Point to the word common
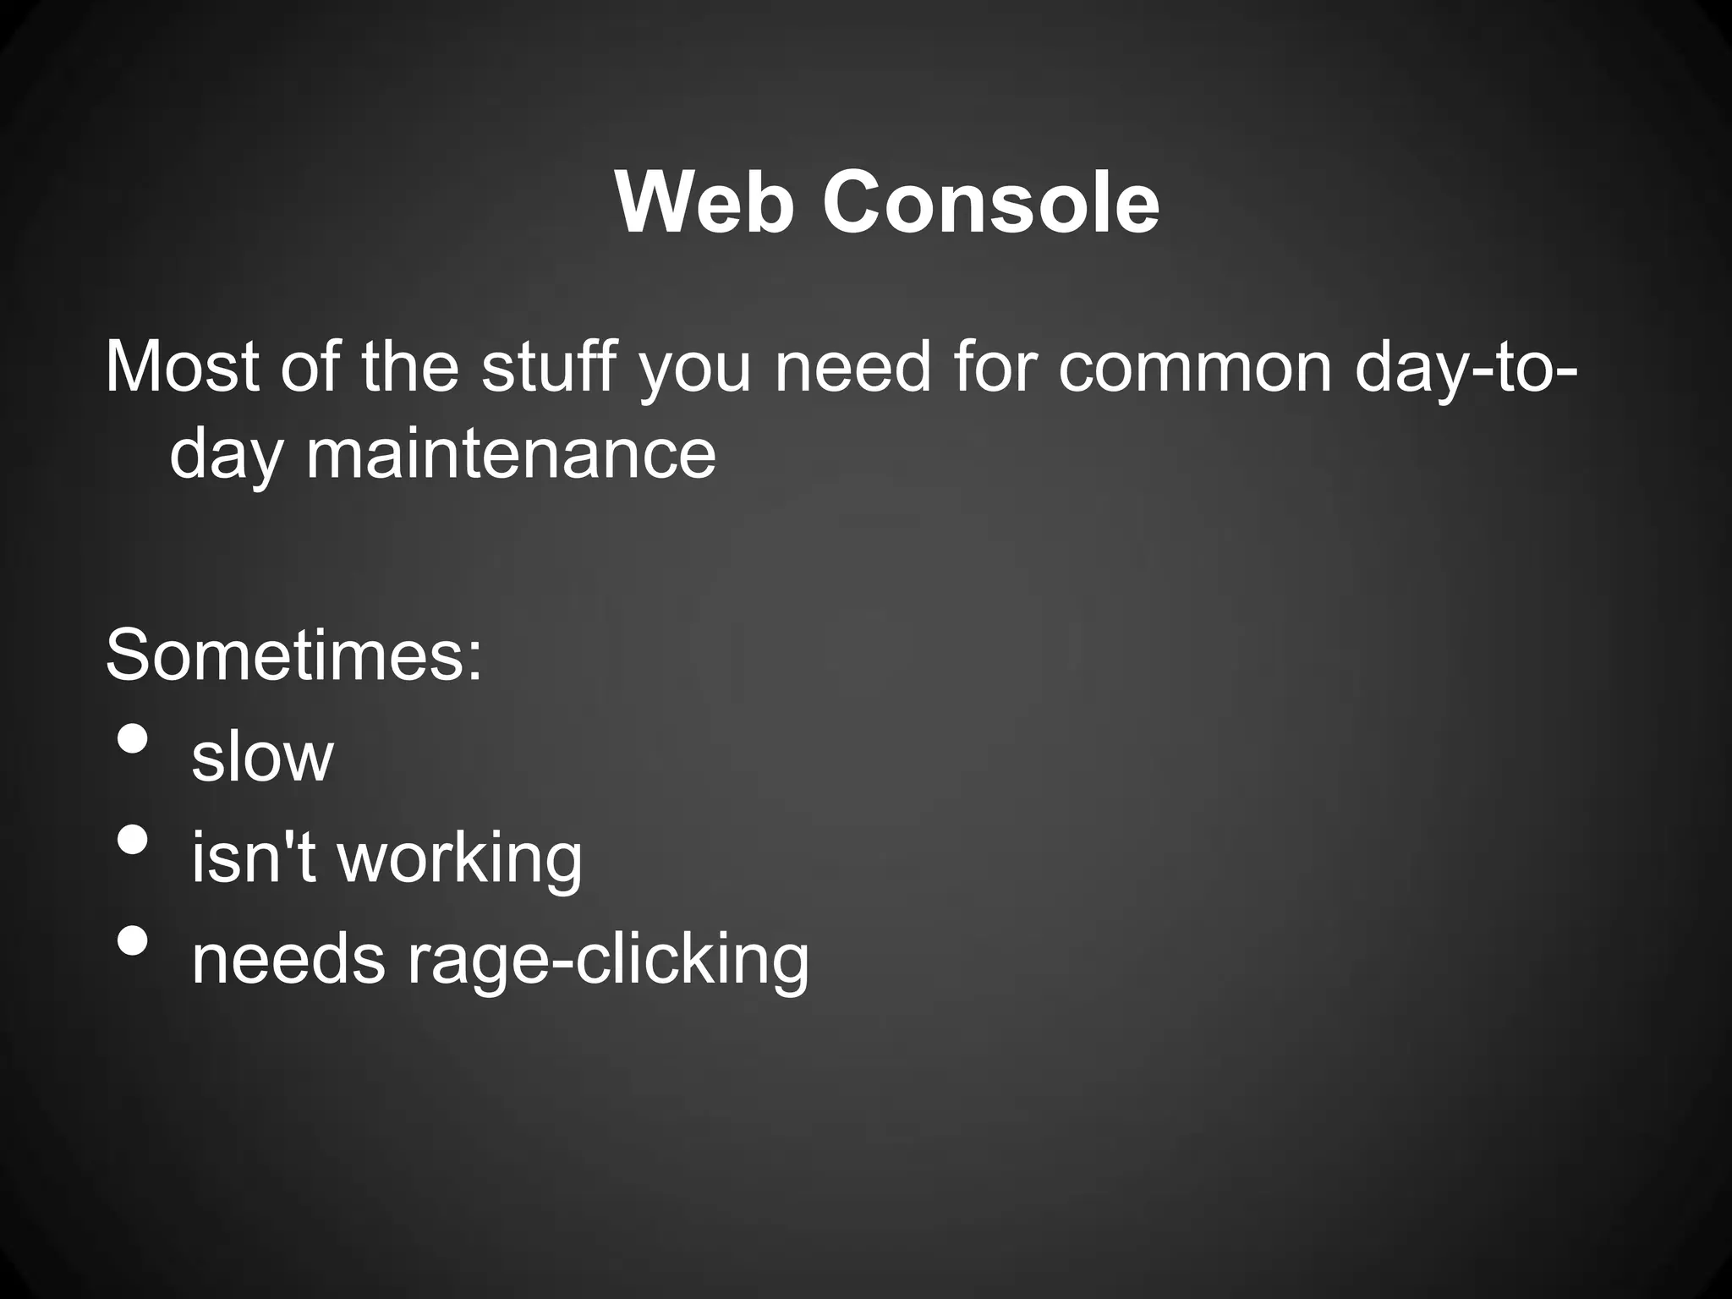1195,370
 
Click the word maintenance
511,454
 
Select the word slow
262,757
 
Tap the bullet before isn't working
133,839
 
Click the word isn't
254,858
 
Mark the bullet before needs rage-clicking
133,940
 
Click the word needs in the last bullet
288,960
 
